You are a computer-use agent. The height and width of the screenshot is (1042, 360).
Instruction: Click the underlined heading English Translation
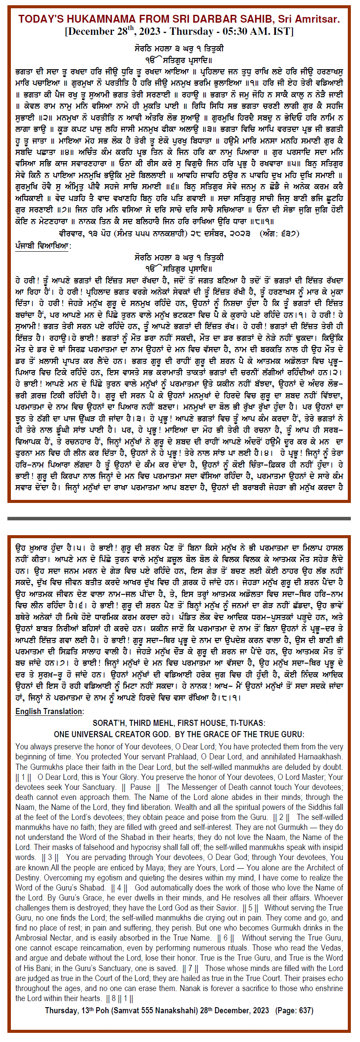coord(50,712)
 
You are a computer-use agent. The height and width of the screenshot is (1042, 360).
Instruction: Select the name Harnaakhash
coord(319,757)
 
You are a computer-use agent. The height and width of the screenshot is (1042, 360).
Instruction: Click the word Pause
coord(140,787)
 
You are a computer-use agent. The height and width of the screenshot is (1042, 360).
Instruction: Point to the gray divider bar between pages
coord(179,519)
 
